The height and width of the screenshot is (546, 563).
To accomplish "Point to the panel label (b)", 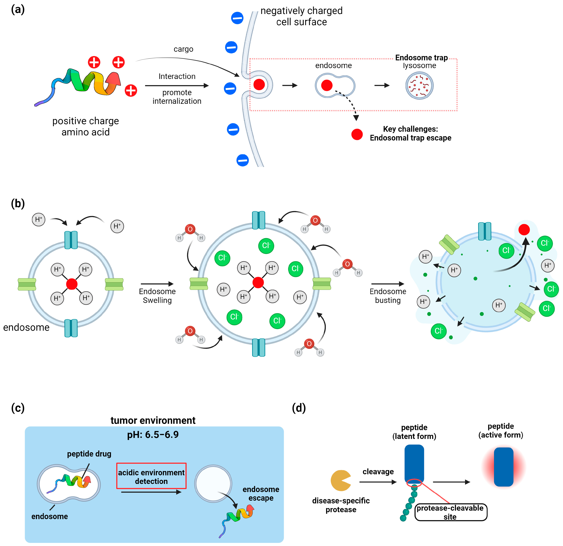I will (18, 204).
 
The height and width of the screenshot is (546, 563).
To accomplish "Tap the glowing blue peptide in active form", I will (503, 467).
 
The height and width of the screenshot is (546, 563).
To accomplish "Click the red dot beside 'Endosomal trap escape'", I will (357, 134).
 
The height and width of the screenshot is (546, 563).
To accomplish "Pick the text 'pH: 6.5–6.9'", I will (153, 434).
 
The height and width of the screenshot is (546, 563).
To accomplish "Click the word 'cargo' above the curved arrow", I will (183, 49).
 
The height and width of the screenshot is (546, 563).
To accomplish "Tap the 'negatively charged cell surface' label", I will (301, 16).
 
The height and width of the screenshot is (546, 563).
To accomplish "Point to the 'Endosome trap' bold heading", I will (421, 58).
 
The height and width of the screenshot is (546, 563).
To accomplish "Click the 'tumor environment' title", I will (153, 420).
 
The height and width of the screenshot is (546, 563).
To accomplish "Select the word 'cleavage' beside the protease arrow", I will (378, 472).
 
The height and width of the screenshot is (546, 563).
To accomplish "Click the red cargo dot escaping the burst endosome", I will (524, 230).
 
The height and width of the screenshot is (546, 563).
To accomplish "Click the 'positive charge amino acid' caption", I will (86, 126).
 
